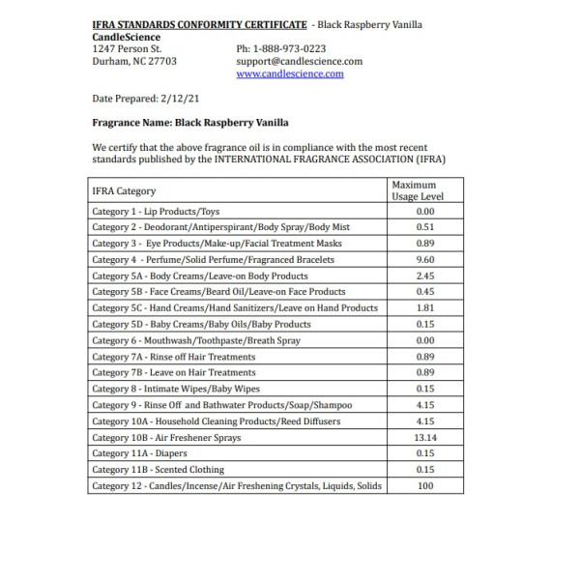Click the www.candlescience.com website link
pos(289,73)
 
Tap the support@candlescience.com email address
pos(299,61)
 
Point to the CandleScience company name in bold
pos(127,36)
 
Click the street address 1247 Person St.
pos(127,47)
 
